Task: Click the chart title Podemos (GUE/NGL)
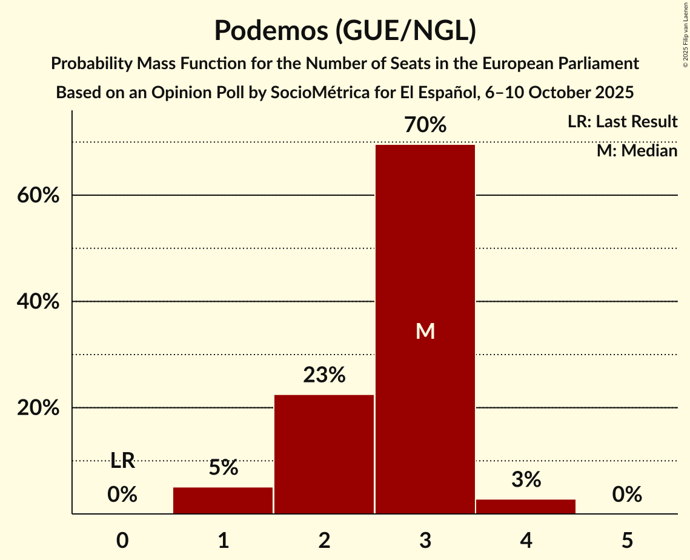click(345, 30)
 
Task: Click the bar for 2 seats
click(324, 454)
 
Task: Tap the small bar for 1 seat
click(223, 501)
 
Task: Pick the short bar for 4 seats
click(526, 506)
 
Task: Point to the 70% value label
click(425, 125)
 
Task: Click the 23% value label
click(324, 376)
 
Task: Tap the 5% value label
click(223, 468)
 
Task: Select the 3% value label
click(526, 480)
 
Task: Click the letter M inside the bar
click(425, 331)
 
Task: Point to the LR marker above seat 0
click(122, 461)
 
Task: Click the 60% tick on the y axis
click(38, 196)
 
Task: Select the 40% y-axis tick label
click(38, 302)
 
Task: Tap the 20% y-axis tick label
click(38, 408)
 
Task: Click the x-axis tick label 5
click(627, 540)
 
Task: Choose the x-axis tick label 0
click(122, 540)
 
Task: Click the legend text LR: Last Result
click(622, 122)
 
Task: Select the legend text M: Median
click(637, 150)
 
